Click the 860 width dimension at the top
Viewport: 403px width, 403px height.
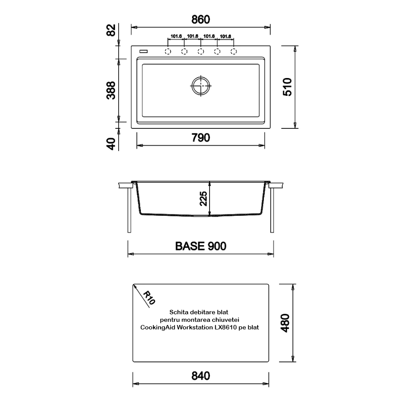tap(201, 20)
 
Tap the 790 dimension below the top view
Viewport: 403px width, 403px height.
tap(201, 138)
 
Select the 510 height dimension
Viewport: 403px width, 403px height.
tap(288, 87)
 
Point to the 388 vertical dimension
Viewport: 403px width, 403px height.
tap(111, 90)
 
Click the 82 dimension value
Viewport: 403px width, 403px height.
tap(111, 30)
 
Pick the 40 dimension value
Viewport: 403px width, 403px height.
tap(111, 144)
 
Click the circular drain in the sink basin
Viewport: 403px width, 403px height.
tap(201, 86)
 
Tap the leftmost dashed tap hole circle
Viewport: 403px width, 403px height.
tap(168, 51)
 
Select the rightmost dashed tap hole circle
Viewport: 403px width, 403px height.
tap(234, 51)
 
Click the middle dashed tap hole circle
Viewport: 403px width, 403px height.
tap(201, 51)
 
